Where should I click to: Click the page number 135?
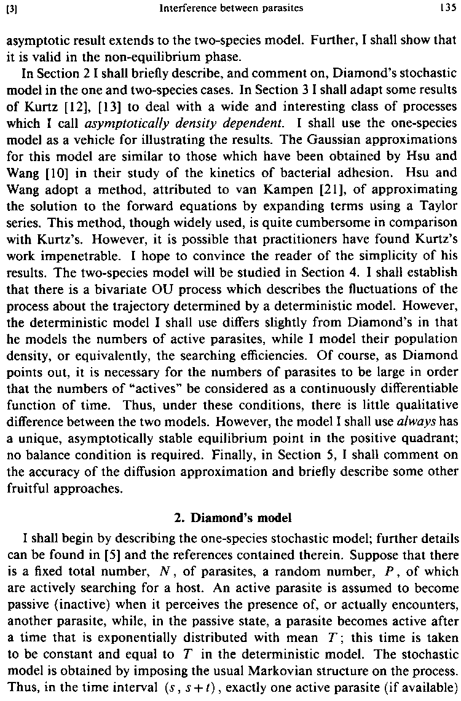pyautogui.click(x=447, y=9)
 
